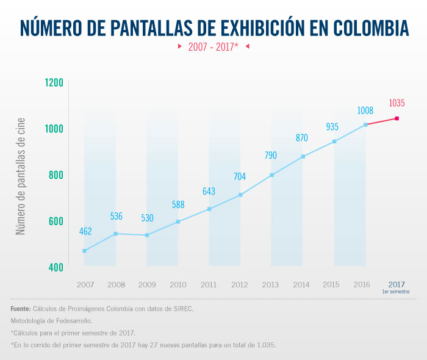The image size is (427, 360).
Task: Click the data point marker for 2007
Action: click(84, 251)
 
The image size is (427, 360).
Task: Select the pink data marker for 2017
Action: click(397, 118)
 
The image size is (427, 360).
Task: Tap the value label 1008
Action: click(365, 110)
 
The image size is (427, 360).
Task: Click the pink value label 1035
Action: click(396, 103)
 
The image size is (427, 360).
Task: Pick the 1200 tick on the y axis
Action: click(54, 82)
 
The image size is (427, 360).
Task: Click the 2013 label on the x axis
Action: click(271, 284)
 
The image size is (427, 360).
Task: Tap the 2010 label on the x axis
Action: click(178, 284)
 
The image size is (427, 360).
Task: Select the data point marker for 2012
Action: click(240, 195)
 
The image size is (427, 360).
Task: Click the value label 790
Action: click(271, 156)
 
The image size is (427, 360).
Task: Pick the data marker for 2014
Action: click(303, 157)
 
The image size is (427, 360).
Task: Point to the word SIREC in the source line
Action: click(182, 309)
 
